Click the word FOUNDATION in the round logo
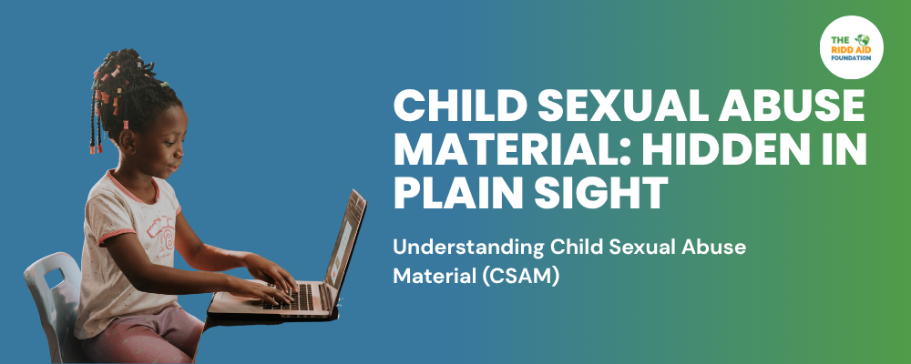[x=851, y=58]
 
